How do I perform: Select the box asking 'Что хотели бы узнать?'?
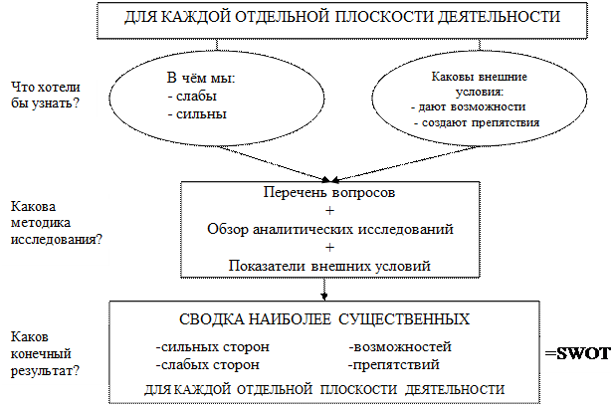(48, 95)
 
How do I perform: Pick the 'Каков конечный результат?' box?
(50, 353)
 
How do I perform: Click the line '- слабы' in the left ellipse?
(192, 97)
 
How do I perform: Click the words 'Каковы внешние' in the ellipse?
(479, 76)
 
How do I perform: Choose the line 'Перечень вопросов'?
(329, 193)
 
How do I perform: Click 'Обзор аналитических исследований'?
(329, 229)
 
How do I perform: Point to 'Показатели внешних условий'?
(329, 266)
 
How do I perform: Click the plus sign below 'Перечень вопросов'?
(329, 211)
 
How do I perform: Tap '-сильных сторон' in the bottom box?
(211, 347)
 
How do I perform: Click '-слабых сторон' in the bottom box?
(208, 365)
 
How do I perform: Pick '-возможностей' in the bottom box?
(400, 347)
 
